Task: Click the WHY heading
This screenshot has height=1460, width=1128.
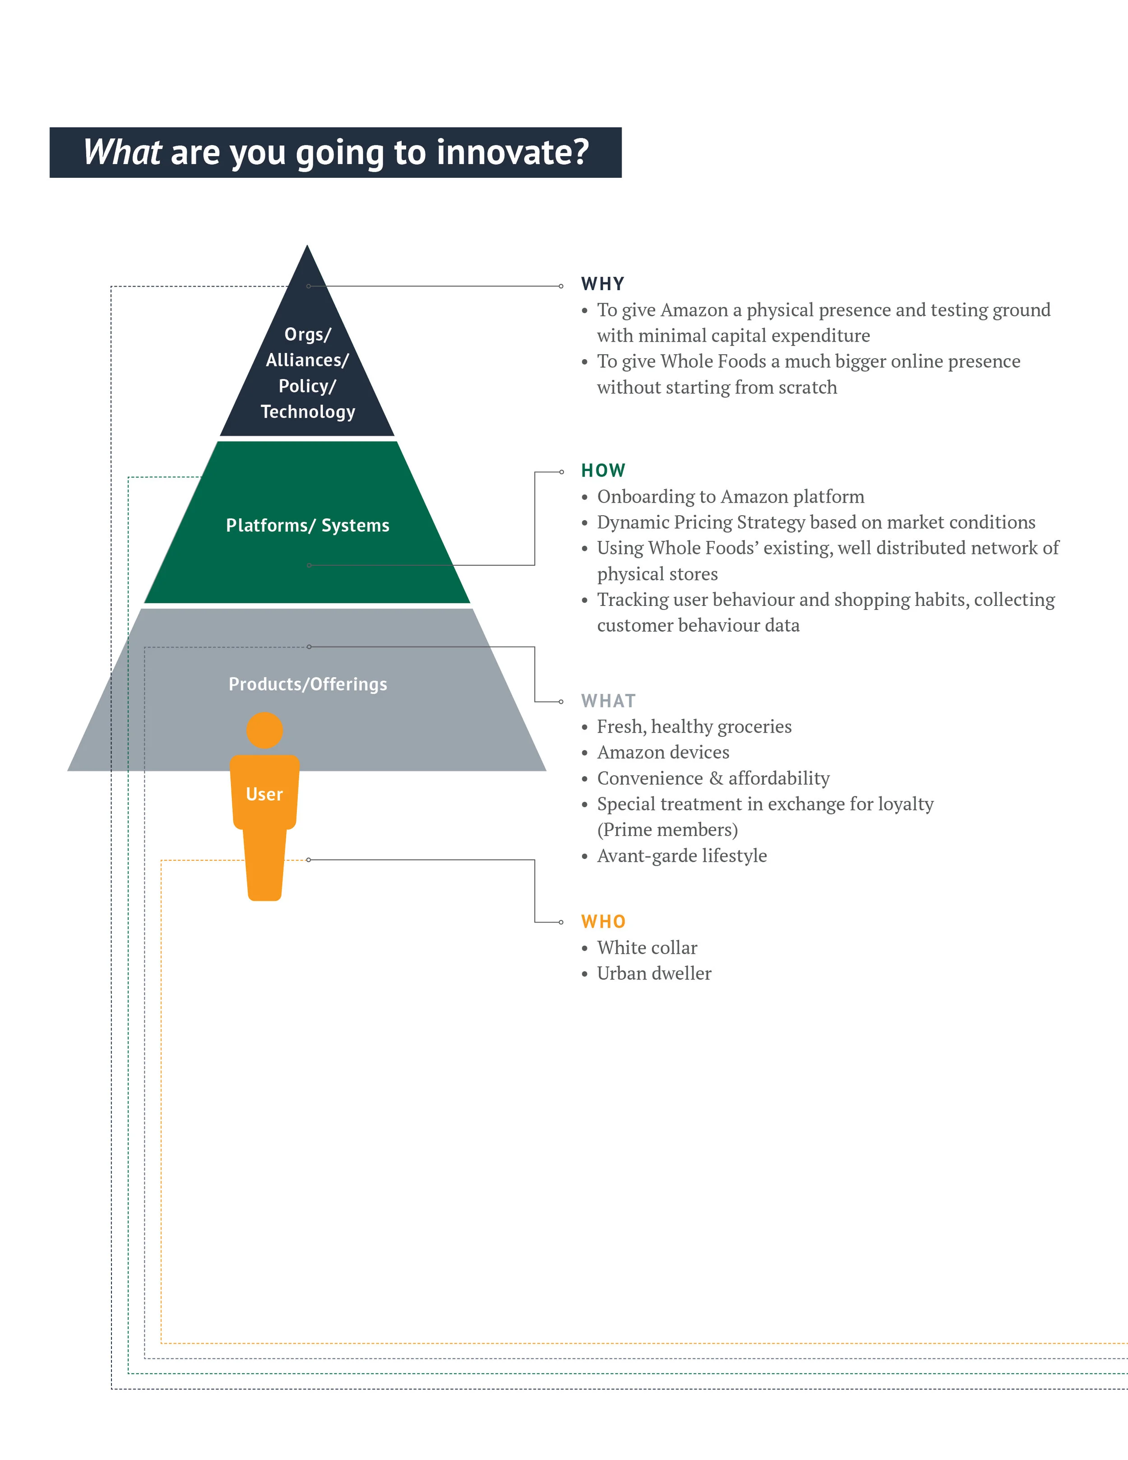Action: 602,284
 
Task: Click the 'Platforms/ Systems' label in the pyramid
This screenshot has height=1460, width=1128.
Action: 308,526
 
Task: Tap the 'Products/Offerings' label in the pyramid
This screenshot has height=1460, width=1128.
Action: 308,684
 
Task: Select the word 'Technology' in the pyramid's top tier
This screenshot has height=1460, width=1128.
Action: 308,412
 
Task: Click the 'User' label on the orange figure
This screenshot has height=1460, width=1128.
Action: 264,794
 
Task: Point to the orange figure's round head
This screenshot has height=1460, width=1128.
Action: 265,730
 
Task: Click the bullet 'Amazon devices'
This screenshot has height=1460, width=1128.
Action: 663,752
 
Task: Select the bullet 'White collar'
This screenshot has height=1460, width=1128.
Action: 647,947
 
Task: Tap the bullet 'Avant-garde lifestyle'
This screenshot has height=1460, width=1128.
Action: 681,856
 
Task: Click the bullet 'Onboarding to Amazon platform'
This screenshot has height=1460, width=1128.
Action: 730,497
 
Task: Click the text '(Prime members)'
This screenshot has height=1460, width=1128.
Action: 667,830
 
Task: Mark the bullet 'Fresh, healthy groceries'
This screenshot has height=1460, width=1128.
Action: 694,727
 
